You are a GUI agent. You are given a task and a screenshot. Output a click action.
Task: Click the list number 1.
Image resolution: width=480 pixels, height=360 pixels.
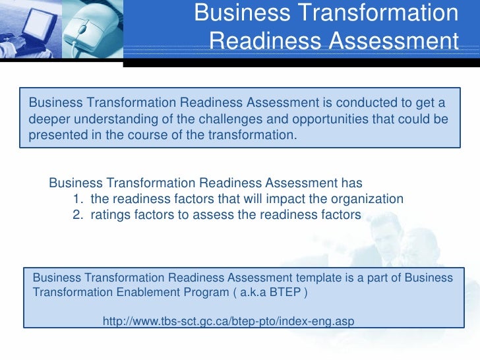point(75,198)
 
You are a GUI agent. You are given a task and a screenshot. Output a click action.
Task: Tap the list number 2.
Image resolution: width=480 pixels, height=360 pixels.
point(75,214)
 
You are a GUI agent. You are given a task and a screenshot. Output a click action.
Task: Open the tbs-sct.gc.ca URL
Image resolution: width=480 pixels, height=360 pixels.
point(229,321)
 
